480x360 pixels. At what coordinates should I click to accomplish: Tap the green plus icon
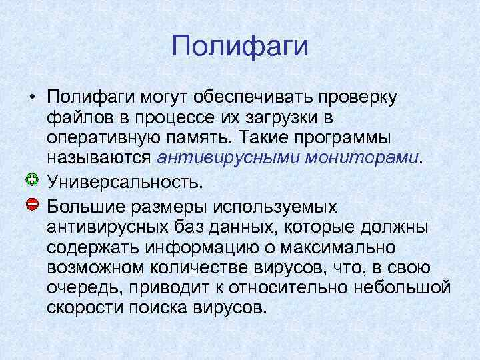click(31, 179)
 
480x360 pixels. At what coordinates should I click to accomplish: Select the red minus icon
click(31, 202)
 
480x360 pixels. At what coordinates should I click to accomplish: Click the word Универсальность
click(123, 181)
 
